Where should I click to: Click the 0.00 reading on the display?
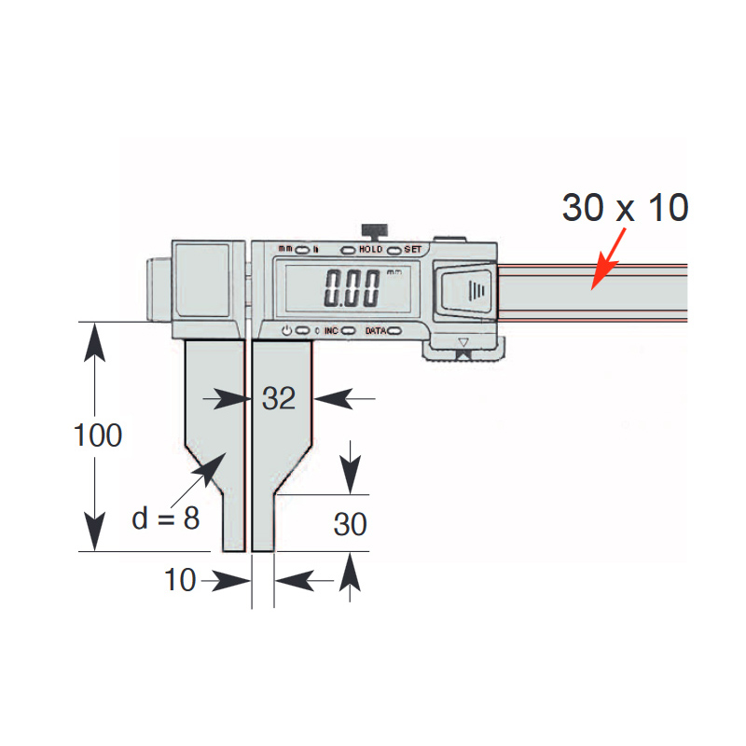(x=351, y=289)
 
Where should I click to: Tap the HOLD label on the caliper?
(x=371, y=250)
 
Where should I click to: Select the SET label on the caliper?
(x=413, y=250)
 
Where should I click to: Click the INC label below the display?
(x=331, y=331)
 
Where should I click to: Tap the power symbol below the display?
(x=286, y=331)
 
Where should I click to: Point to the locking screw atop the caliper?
(x=374, y=229)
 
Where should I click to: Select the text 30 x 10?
(x=625, y=209)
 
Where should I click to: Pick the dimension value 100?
(x=99, y=435)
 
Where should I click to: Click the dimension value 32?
(x=278, y=398)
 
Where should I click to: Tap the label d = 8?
(x=165, y=518)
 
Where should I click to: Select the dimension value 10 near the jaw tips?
(x=180, y=580)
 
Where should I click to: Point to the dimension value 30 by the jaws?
(x=350, y=524)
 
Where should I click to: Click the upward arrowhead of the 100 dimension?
(x=92, y=339)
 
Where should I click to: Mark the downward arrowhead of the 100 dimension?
(x=92, y=535)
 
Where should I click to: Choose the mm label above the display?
(x=285, y=250)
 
